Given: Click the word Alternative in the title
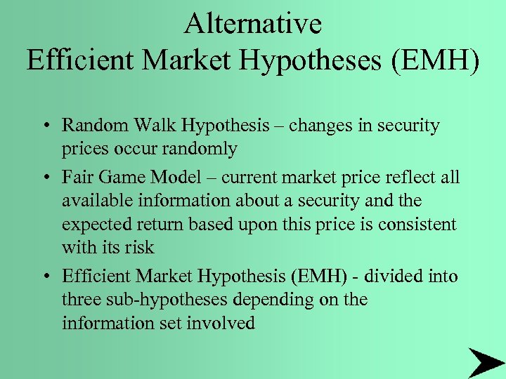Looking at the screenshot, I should (x=253, y=24).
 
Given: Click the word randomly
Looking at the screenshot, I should (x=202, y=149).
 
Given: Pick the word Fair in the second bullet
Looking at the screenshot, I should (x=75, y=177).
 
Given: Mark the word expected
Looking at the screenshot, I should (x=96, y=225).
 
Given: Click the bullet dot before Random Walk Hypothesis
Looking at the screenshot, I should (x=44, y=127).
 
